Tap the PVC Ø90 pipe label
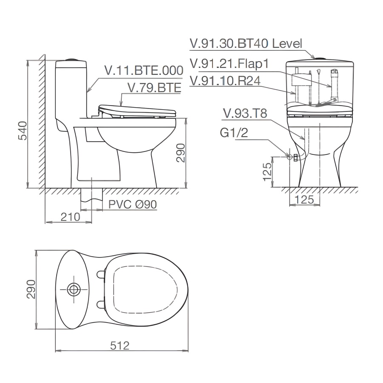pos(132,205)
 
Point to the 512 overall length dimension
pos(120,346)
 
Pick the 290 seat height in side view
pos(180,152)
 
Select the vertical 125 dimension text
pos(267,171)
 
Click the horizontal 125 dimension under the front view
pos(304,199)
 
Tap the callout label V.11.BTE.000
pos(144,71)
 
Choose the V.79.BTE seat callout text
pos(154,87)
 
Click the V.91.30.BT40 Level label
pos(246,43)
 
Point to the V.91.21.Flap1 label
pos(229,63)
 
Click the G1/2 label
pos(234,133)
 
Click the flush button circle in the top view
pos(74,289)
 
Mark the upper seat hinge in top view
pos(101,274)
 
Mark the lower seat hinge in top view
pos(101,304)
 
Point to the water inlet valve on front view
pos(294,157)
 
